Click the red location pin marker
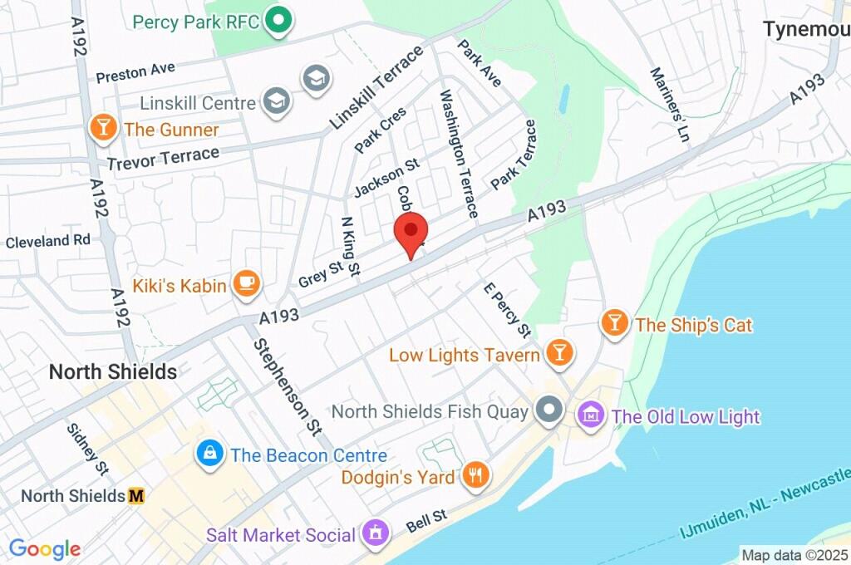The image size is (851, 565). tap(410, 232)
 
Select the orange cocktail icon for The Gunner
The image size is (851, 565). tap(103, 129)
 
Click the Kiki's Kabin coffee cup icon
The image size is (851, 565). tap(246, 285)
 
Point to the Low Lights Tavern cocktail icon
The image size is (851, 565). tap(558, 355)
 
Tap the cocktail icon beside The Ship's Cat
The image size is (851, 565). tap(615, 324)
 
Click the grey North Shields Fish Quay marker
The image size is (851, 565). tap(548, 411)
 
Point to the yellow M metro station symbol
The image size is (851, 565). tap(136, 496)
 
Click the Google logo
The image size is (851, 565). tap(44, 548)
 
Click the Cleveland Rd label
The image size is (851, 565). tap(47, 241)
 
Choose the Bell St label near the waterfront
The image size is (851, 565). tap(426, 521)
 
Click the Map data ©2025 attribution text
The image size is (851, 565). tap(794, 554)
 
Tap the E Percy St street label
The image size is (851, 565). tap(507, 309)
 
